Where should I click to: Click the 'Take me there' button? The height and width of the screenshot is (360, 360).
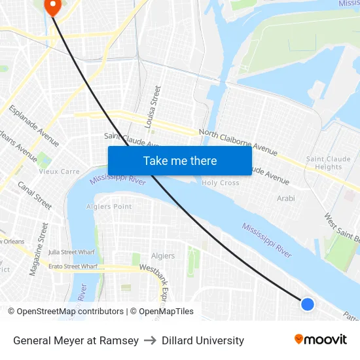pyautogui.click(x=180, y=160)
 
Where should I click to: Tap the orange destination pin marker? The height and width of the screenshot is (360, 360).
pyautogui.click(x=51, y=6)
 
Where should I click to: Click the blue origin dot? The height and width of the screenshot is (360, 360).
pyautogui.click(x=307, y=304)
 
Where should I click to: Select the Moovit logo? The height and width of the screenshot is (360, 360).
pyautogui.click(x=320, y=340)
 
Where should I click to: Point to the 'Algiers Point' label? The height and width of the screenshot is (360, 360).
pyautogui.click(x=109, y=207)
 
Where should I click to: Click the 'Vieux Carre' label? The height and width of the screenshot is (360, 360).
pyautogui.click(x=59, y=171)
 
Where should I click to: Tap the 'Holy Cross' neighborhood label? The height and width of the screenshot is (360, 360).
pyautogui.click(x=221, y=183)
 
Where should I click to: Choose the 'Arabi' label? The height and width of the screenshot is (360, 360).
pyautogui.click(x=286, y=198)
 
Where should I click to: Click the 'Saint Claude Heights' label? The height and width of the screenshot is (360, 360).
pyautogui.click(x=324, y=163)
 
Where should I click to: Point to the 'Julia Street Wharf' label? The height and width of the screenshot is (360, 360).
pyautogui.click(x=72, y=252)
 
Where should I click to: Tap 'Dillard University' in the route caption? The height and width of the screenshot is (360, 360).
pyautogui.click(x=203, y=340)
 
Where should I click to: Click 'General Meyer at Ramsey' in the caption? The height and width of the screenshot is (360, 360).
pyautogui.click(x=76, y=340)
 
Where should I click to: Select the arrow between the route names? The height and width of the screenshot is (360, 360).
pyautogui.click(x=150, y=340)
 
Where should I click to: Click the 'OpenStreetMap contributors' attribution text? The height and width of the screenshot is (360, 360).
pyautogui.click(x=70, y=312)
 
